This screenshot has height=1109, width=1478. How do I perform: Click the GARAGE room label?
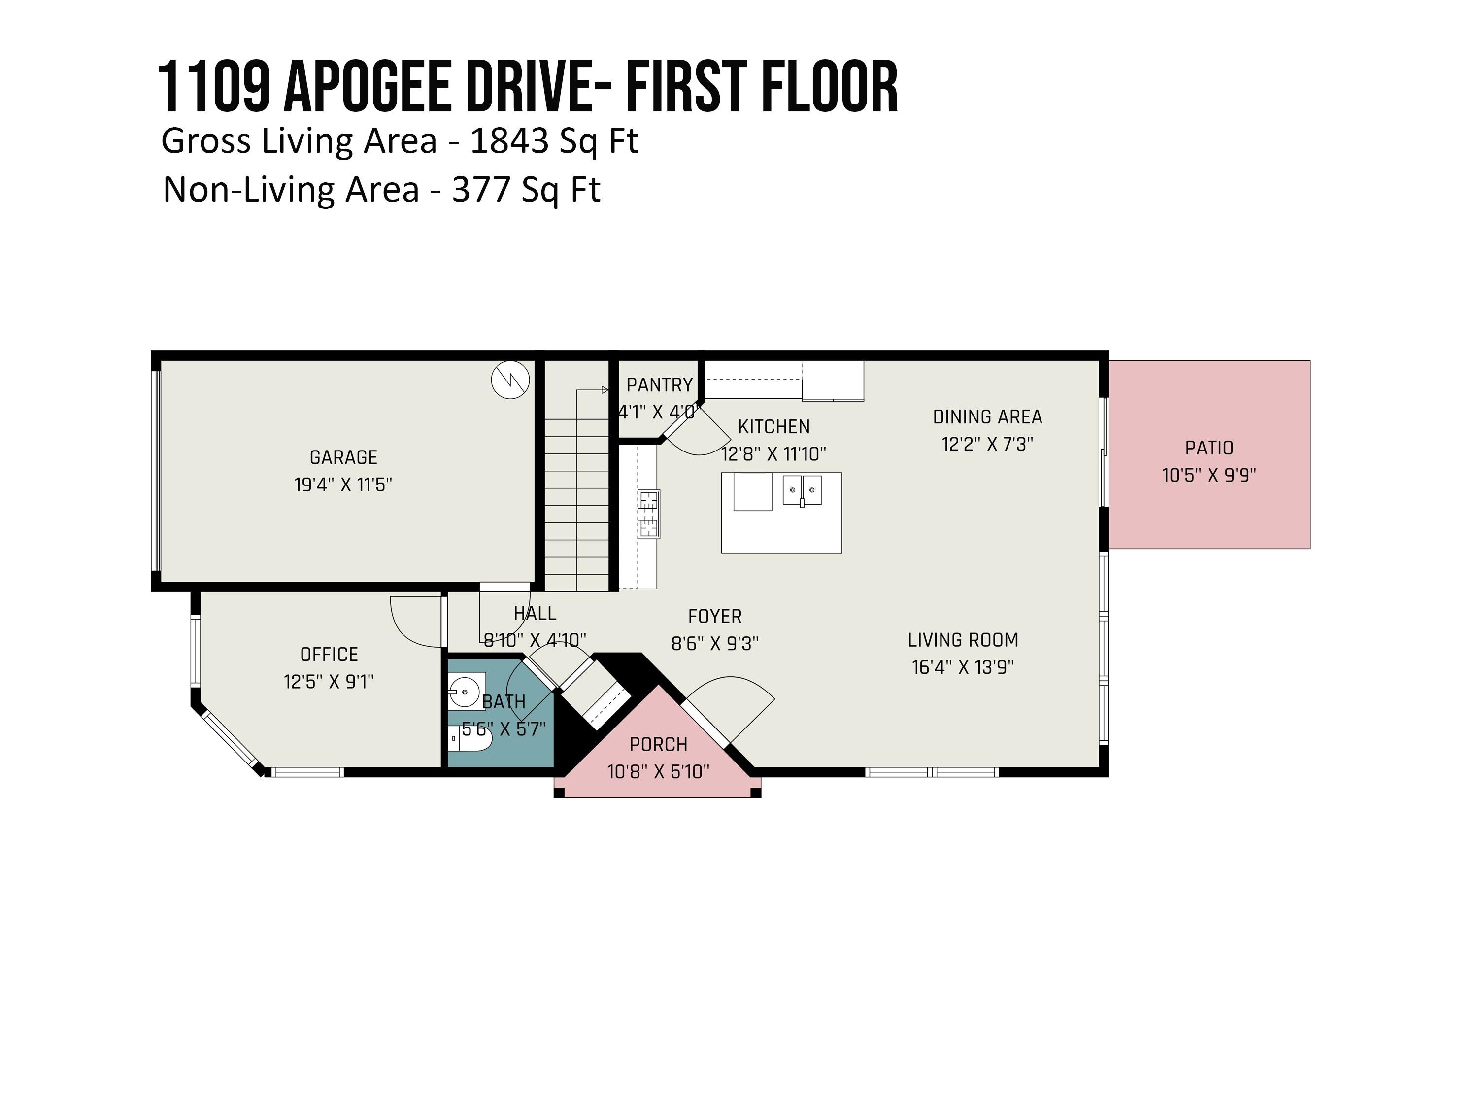click(x=343, y=457)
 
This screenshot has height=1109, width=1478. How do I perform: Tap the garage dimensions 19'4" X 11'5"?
click(x=343, y=485)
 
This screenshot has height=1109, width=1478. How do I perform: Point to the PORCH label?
click(x=658, y=744)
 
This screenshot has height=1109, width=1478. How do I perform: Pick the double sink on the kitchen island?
click(x=802, y=490)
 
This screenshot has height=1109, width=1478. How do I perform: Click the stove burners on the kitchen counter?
click(x=648, y=514)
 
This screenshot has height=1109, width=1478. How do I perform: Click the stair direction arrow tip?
click(x=606, y=390)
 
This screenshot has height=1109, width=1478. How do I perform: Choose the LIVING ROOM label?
click(x=963, y=640)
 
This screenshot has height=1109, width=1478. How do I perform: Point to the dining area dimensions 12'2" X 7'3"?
click(x=988, y=444)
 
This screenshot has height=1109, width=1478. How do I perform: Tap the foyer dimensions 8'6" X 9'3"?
click(x=715, y=643)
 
